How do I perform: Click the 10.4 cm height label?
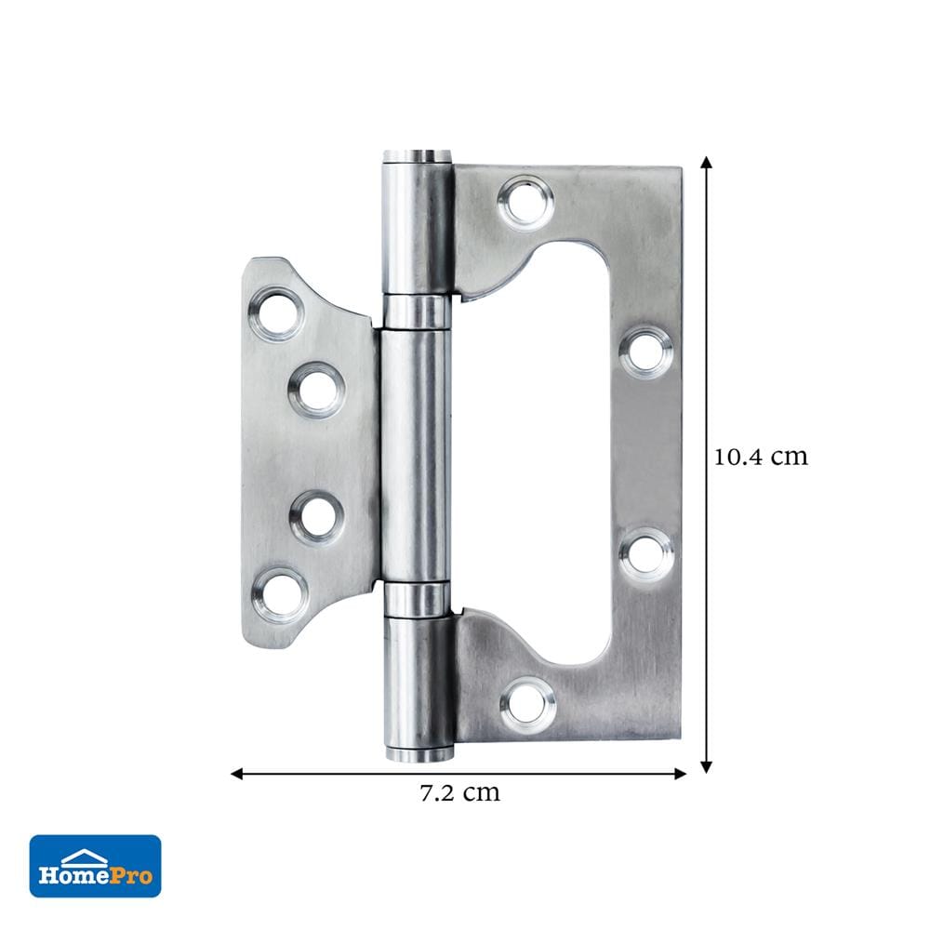761,458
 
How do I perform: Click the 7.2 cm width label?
459,792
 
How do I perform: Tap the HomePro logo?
96,866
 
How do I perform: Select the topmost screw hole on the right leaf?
525,203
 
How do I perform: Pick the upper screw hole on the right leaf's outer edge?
646,352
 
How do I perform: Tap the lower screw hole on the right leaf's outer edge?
646,554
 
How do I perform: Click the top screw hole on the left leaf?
276,313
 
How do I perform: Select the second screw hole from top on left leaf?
317,391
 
